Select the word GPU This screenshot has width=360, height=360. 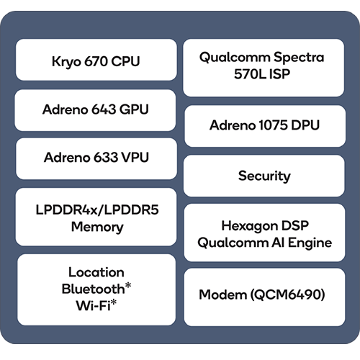pyautogui.click(x=134, y=109)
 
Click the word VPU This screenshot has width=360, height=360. pyautogui.click(x=135, y=158)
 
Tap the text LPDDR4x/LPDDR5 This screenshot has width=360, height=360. pyautogui.click(x=97, y=210)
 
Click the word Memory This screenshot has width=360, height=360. pyautogui.click(x=97, y=228)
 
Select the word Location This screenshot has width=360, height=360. pyautogui.click(x=96, y=272)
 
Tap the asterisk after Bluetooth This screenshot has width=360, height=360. pyautogui.click(x=128, y=285)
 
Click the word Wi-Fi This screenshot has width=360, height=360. pyautogui.click(x=94, y=305)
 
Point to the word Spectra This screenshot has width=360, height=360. pyautogui.click(x=299, y=58)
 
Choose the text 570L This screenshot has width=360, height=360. pyautogui.click(x=250, y=74)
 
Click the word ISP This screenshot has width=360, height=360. pyautogui.click(x=279, y=74)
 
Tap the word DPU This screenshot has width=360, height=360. pyautogui.click(x=305, y=125)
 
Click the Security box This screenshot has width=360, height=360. pyautogui.click(x=264, y=176)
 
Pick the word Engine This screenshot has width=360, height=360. pyautogui.click(x=310, y=243)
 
